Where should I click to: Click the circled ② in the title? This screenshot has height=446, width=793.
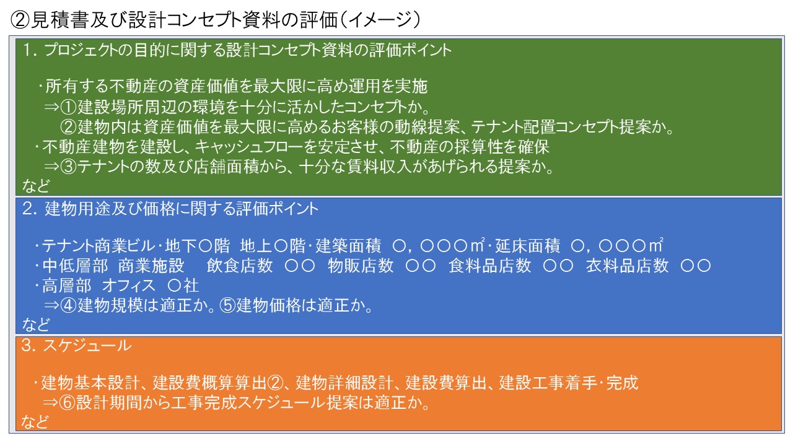[20, 19]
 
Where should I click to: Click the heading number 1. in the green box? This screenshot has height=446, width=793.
[30, 50]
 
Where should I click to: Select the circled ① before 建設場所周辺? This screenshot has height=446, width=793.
[68, 107]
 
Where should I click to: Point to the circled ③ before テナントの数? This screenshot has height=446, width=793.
[68, 167]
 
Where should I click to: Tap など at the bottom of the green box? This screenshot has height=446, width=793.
[36, 186]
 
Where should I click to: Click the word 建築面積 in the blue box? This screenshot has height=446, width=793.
[348, 246]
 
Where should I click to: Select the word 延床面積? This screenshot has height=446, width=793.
[527, 246]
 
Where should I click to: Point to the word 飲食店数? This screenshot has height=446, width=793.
[240, 266]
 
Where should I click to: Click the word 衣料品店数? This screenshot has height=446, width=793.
[627, 266]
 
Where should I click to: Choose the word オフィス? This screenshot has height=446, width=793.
[128, 286]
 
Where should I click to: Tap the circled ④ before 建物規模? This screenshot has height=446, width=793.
[68, 305]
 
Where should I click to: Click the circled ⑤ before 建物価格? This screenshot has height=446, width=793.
[227, 305]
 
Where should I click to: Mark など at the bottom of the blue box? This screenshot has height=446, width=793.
[36, 325]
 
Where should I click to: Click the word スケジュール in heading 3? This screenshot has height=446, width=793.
[87, 346]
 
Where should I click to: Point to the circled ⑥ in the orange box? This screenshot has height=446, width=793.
[67, 403]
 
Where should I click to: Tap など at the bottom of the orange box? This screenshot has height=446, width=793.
[35, 422]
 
